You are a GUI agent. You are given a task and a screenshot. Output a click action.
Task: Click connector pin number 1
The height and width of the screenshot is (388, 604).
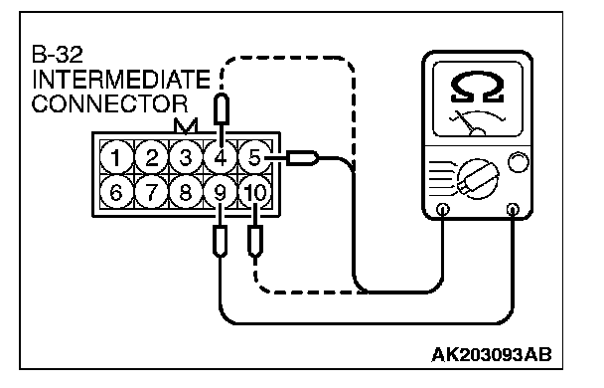[x=116, y=157]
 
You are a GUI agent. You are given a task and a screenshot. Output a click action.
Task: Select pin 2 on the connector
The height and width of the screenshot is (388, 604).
[x=151, y=157]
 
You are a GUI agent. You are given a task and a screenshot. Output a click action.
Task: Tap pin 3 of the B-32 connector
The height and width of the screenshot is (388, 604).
[x=186, y=157]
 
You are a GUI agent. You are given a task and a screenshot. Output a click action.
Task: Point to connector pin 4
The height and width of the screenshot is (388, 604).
[x=220, y=157]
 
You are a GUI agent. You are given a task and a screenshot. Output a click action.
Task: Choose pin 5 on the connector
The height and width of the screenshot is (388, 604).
[x=254, y=157]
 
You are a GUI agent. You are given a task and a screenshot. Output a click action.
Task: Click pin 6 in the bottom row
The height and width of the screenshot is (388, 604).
[x=116, y=192]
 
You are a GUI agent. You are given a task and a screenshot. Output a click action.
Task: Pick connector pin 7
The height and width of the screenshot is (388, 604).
[x=151, y=192]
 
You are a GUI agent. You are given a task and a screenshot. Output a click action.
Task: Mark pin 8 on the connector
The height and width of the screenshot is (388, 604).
[x=186, y=192]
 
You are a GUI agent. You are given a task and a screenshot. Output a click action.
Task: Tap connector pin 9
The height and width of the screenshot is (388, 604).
[x=220, y=192]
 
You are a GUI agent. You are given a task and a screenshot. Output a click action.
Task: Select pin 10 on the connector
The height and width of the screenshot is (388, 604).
[x=254, y=192]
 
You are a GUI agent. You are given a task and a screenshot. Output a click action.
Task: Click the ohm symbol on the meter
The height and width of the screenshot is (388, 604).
[x=477, y=88]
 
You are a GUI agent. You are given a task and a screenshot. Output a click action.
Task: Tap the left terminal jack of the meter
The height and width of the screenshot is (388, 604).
[x=443, y=210]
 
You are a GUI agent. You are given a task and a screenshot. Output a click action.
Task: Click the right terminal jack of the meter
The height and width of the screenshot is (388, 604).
[x=513, y=210]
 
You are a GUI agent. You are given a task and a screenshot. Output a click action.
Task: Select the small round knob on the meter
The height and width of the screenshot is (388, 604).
[x=519, y=162]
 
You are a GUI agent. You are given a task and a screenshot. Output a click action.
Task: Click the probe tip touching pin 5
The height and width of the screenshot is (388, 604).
[x=303, y=158]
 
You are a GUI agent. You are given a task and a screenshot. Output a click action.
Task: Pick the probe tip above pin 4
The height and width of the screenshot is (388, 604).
[x=222, y=109]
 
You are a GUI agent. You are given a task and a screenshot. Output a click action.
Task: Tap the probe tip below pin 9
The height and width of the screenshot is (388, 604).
[x=220, y=242]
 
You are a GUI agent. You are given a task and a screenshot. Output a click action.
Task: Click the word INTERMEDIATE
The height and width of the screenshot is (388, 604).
[x=121, y=80]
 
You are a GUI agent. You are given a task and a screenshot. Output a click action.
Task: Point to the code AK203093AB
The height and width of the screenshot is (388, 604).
[x=492, y=355]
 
